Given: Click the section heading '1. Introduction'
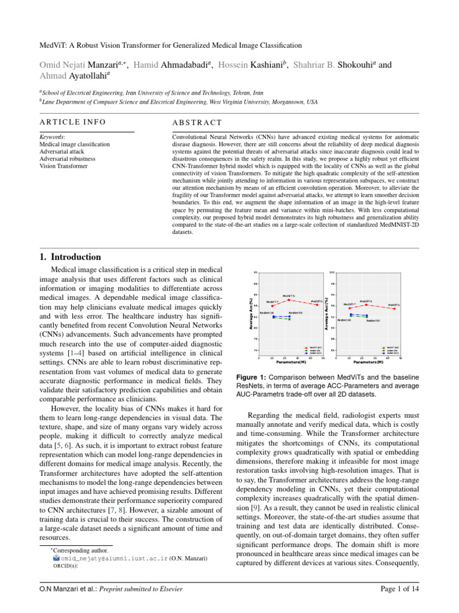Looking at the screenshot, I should tap(69, 257).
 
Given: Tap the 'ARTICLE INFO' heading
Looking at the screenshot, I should tap(72, 122).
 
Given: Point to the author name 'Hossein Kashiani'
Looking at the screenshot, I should tap(250, 65).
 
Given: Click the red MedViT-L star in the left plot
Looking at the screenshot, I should tap(317, 305).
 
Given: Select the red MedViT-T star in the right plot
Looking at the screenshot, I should tap(349, 308).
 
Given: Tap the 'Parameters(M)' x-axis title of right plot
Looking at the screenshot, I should tap(368, 362).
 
